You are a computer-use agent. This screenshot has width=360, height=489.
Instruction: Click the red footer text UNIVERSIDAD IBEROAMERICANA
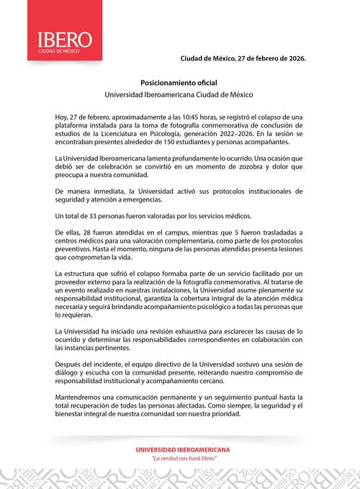(179, 449)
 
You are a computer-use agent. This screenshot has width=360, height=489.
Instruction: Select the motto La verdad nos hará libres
(179, 458)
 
